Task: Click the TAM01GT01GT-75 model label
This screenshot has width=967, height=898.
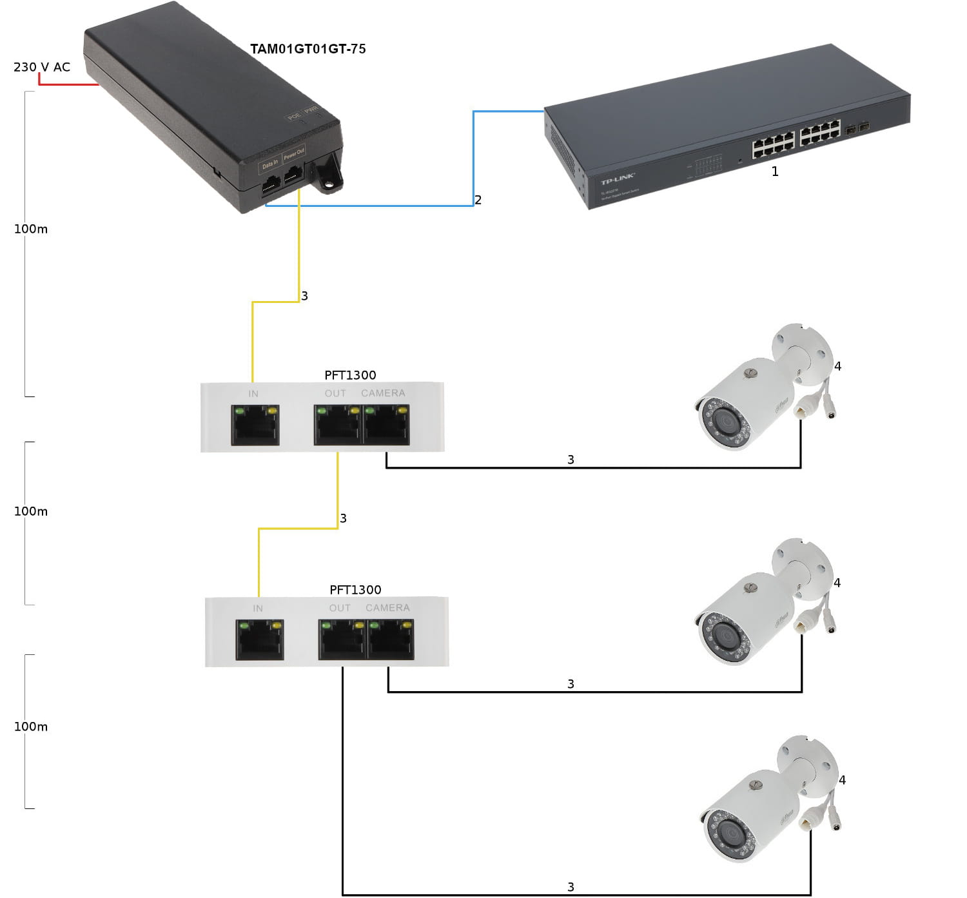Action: pos(308,49)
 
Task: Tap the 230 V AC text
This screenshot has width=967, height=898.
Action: pos(42,67)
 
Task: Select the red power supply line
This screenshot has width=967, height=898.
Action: pos(68,84)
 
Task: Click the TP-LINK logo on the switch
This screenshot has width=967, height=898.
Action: pos(618,179)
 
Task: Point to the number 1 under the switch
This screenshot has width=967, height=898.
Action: pos(775,171)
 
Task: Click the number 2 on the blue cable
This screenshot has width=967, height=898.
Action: pos(478,200)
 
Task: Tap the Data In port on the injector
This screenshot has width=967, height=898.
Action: pos(271,184)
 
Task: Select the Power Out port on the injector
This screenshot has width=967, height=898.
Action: pos(294,175)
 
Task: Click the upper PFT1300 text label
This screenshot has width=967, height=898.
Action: pos(350,375)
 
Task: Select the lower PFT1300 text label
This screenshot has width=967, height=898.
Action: pos(355,590)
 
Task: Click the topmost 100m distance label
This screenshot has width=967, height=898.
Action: pos(31,229)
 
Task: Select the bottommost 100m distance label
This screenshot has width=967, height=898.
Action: pos(31,727)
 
